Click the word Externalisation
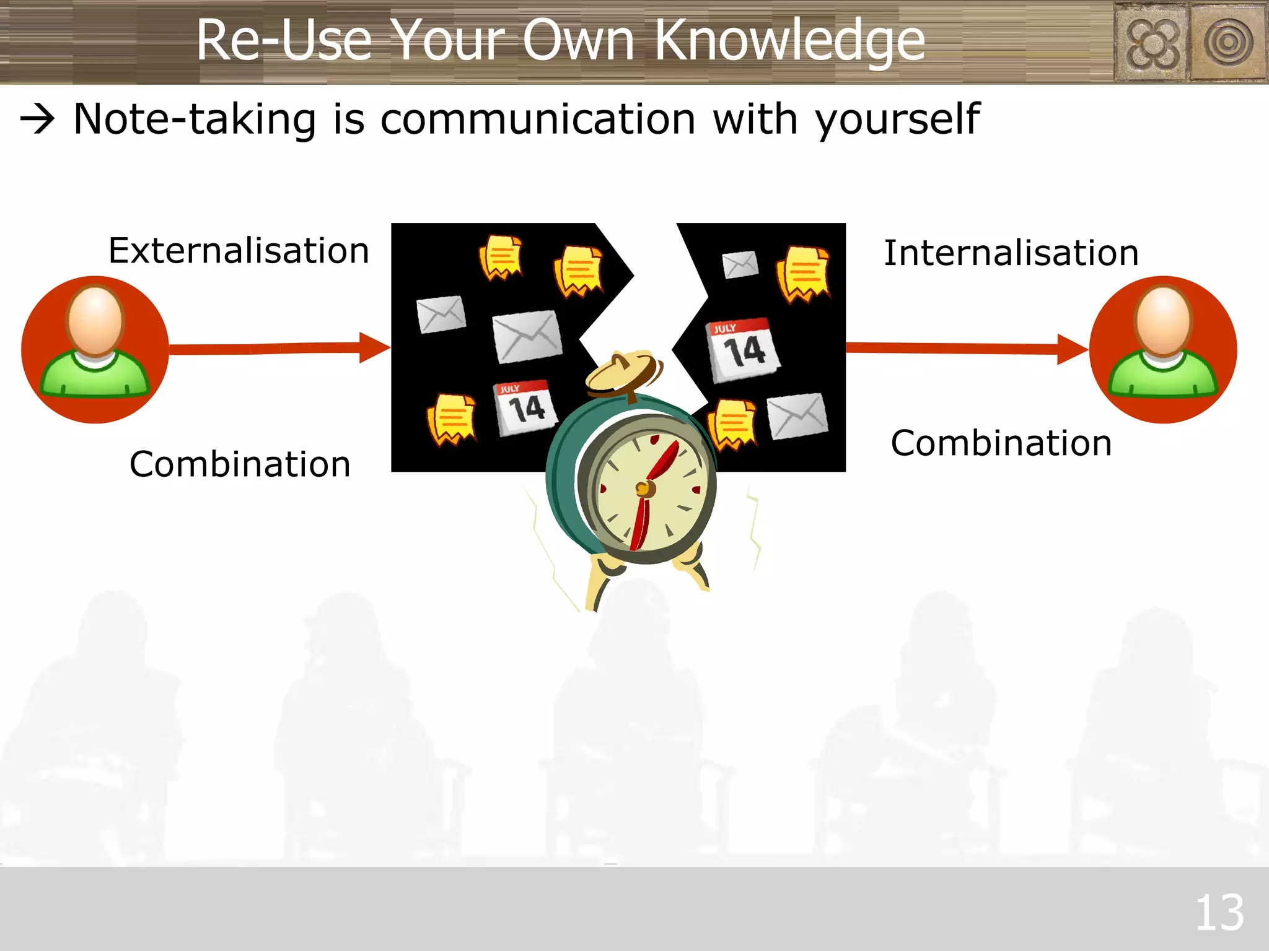239,251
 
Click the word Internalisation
1011,253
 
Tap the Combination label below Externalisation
240,464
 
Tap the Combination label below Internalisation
1001,443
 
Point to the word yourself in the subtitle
897,119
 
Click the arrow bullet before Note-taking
38,119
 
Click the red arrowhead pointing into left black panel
374,348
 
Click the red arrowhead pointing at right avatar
1071,350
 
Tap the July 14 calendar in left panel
525,407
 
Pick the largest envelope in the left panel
527,337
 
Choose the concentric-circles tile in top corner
1229,42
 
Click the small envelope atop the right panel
740,265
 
